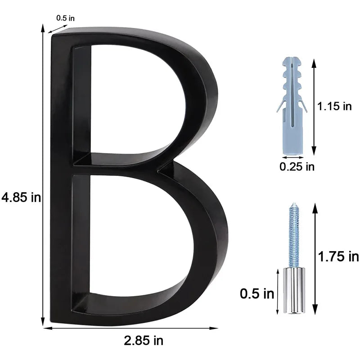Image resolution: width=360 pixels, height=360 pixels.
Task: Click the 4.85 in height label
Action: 21,197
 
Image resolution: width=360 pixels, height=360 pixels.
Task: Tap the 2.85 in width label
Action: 144,340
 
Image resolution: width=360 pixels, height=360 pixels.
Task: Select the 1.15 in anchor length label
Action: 334,107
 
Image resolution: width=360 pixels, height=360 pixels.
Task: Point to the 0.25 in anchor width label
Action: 297,167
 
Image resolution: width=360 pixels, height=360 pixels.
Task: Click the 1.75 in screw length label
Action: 338,256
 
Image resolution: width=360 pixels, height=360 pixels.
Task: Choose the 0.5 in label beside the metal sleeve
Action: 257,294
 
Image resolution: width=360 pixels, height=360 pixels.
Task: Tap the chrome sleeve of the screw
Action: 294,290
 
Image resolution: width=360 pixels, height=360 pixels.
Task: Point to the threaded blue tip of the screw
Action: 294,234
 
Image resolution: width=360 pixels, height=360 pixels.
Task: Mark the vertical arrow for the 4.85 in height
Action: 43,175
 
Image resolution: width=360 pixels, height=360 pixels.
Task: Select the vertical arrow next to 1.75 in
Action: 315,259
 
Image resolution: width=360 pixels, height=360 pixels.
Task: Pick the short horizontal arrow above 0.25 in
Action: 292,158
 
